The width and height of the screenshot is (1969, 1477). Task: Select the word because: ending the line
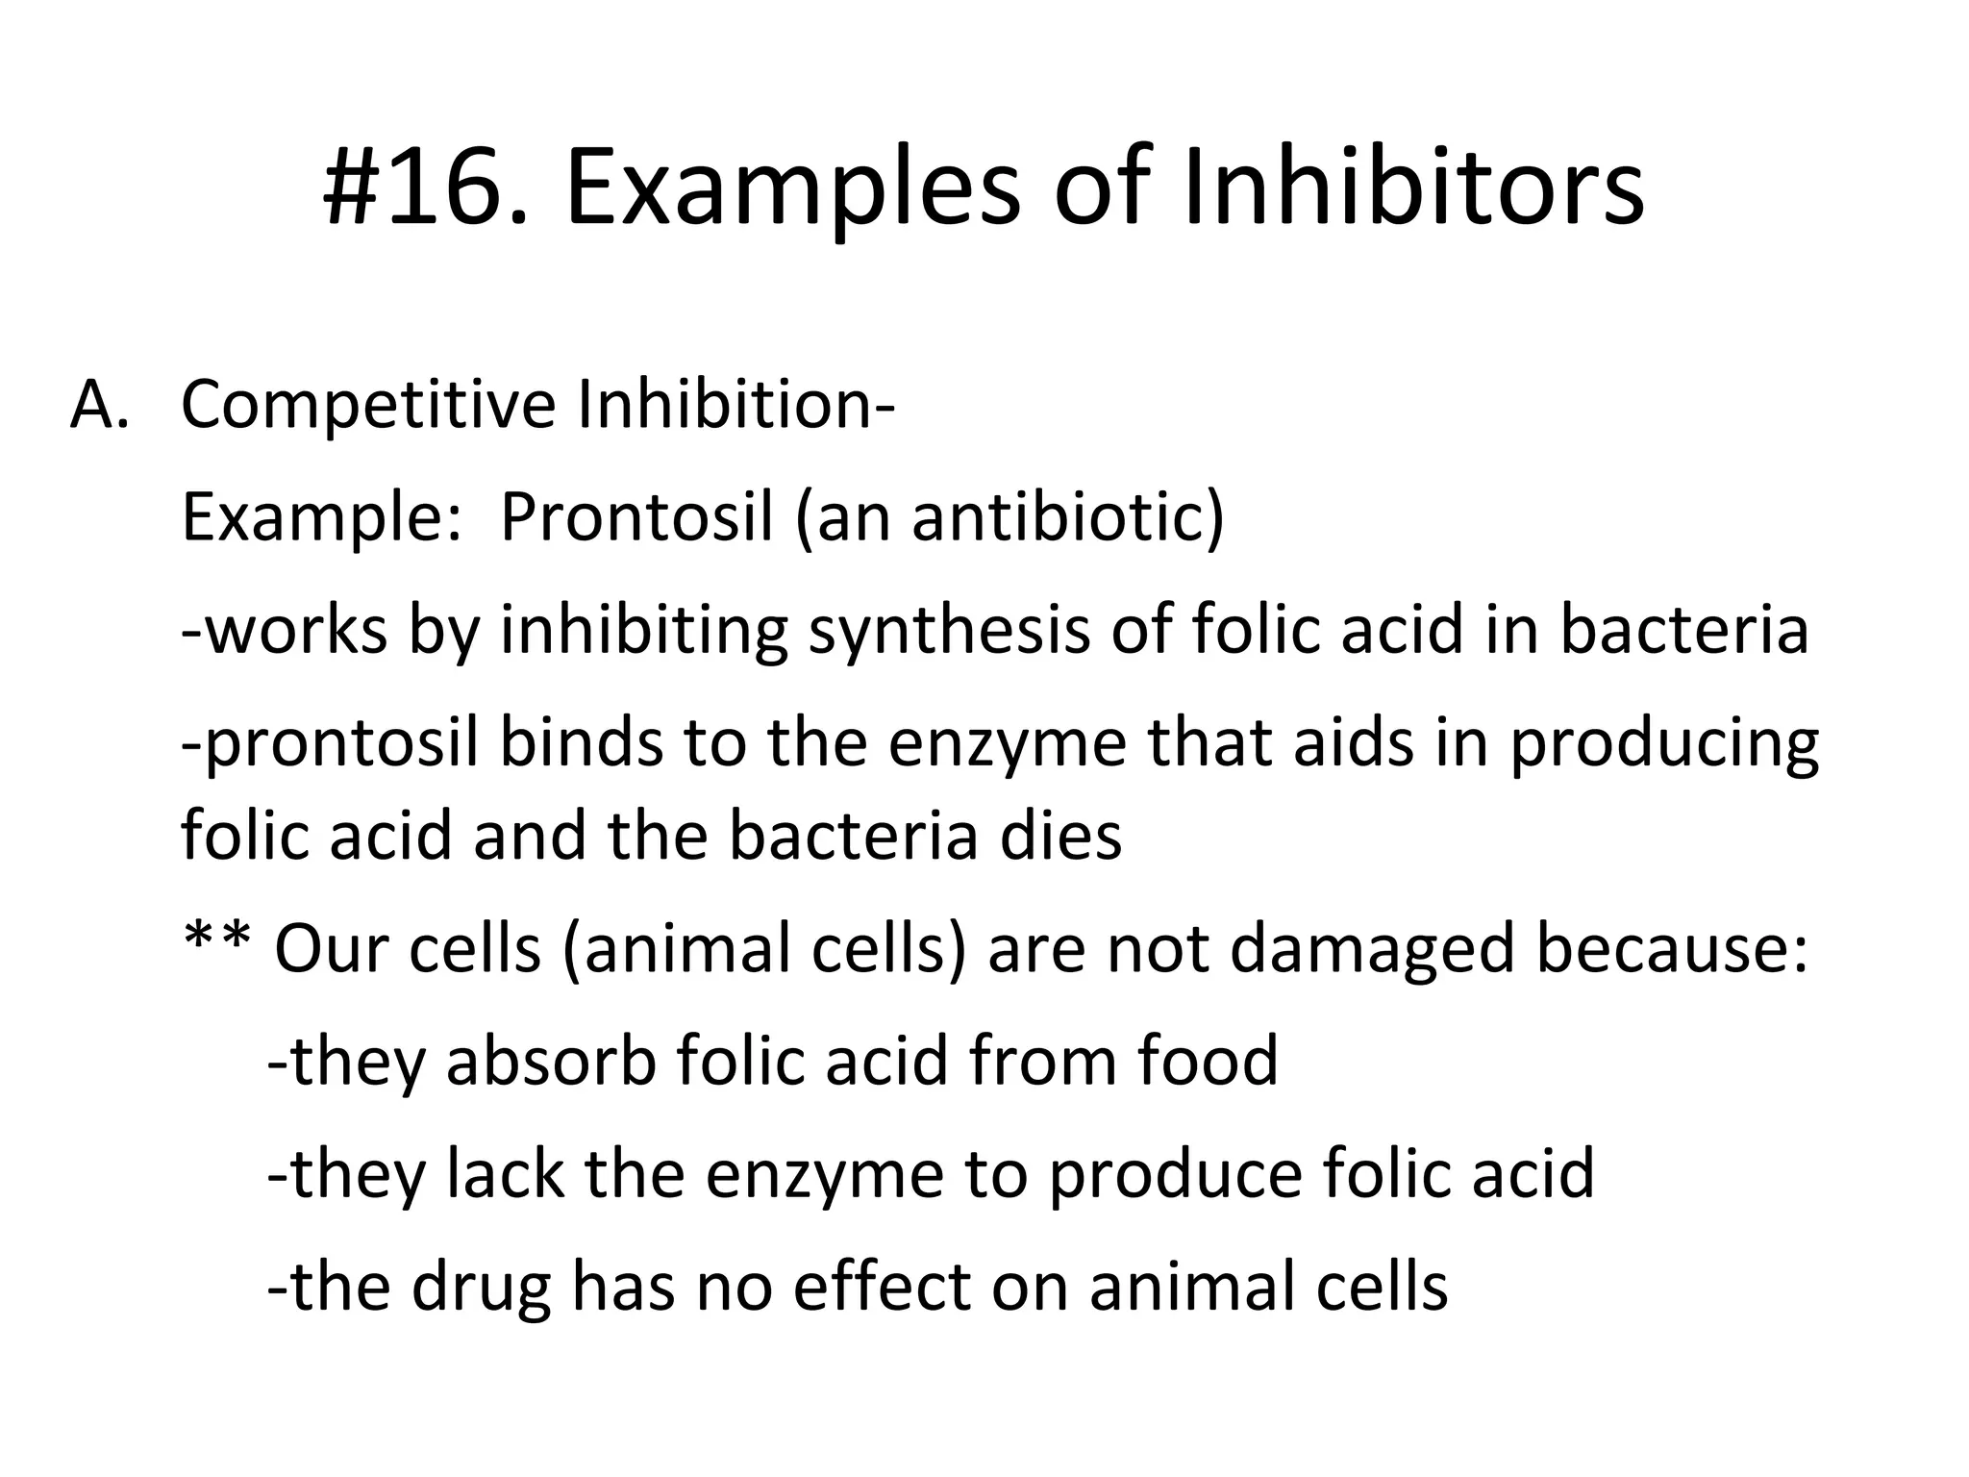(1672, 948)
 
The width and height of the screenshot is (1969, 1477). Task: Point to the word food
(1208, 1061)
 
